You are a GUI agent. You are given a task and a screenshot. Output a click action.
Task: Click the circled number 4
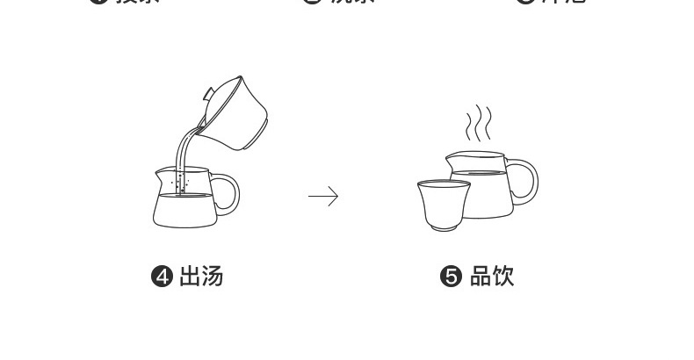pyautogui.click(x=162, y=277)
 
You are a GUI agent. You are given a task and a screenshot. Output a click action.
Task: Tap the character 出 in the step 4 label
pyautogui.click(x=190, y=277)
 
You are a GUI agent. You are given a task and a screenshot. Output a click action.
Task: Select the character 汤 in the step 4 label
pyautogui.click(x=212, y=277)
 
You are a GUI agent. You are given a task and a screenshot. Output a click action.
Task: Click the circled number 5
pyautogui.click(x=450, y=277)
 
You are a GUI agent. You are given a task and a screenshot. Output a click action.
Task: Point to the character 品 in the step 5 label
pyautogui.click(x=480, y=277)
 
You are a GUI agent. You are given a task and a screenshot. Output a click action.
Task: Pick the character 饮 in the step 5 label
pyautogui.click(x=502, y=277)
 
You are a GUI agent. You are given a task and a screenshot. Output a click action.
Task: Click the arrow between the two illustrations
pyautogui.click(x=322, y=197)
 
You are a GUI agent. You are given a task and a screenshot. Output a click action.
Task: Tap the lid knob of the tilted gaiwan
pyautogui.click(x=208, y=91)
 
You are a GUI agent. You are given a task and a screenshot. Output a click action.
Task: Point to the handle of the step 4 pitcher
pyautogui.click(x=228, y=193)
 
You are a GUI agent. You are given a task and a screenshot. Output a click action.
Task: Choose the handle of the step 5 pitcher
pyautogui.click(x=525, y=181)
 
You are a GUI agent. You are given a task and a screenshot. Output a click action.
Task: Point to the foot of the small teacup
pyautogui.click(x=442, y=227)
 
